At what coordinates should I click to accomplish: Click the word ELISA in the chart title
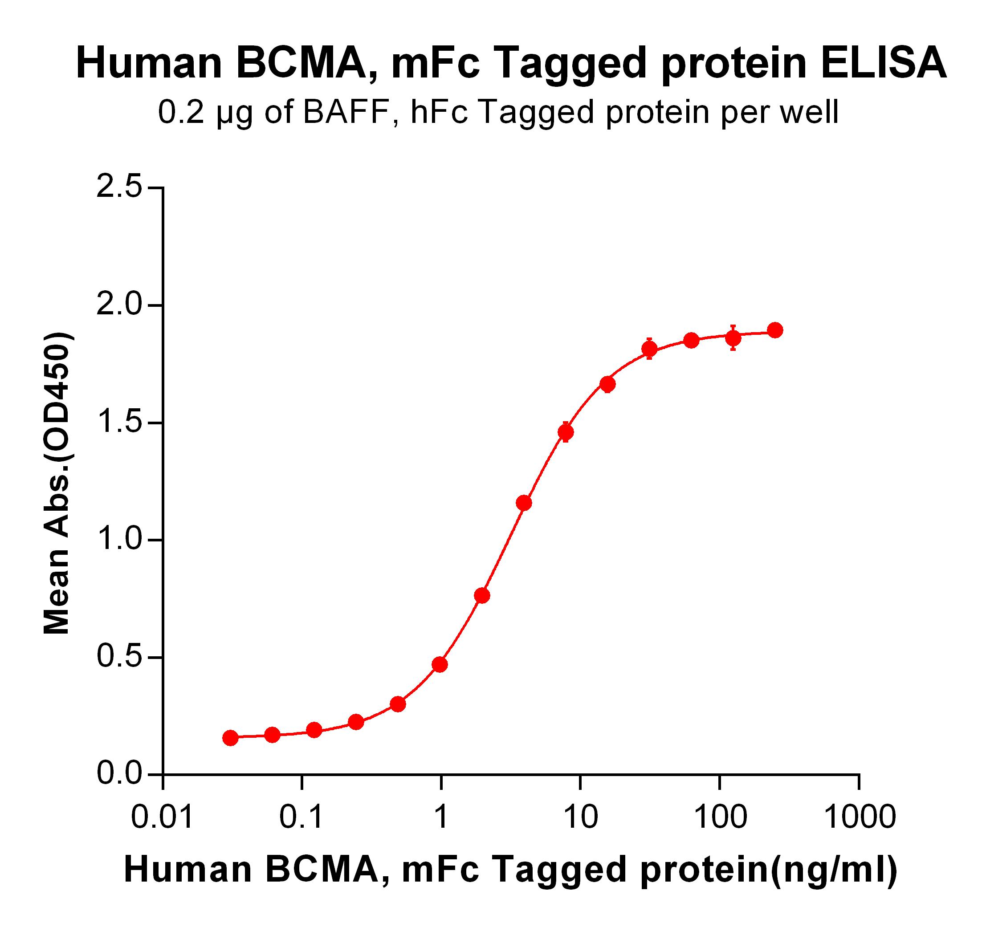click(883, 64)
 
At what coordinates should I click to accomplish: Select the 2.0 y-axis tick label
click(119, 305)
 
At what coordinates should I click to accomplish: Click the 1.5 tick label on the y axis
click(119, 423)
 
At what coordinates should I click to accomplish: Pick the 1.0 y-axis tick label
click(119, 540)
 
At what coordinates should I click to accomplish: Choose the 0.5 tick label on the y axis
click(119, 657)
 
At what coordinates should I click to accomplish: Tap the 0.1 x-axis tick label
click(302, 817)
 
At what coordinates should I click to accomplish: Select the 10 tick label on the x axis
click(580, 817)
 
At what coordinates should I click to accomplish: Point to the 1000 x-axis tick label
click(860, 817)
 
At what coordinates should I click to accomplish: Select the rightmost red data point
click(775, 330)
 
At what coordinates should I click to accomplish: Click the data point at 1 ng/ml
click(440, 665)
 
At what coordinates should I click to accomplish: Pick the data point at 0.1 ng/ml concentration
click(314, 730)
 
